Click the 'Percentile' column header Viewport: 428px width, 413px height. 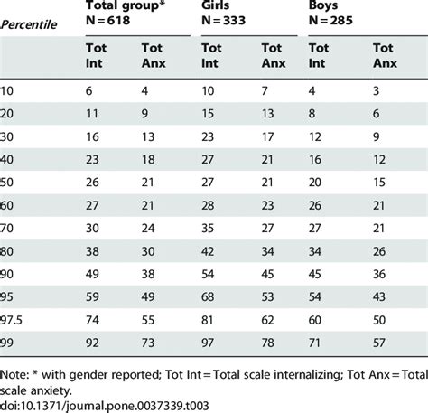[34, 24]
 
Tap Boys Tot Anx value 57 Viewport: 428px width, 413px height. [381, 343]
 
